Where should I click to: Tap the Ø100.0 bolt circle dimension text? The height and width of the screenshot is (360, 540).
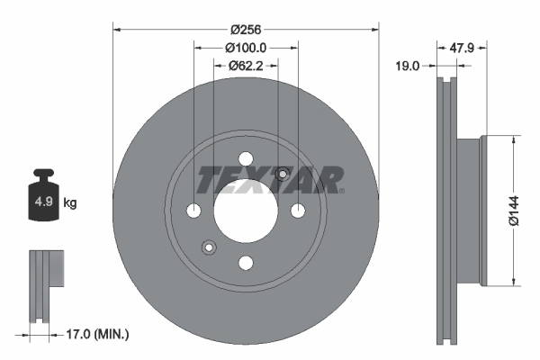(246, 47)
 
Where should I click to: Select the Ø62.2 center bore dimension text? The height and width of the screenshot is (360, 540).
(246, 65)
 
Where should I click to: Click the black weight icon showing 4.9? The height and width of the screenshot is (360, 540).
(42, 200)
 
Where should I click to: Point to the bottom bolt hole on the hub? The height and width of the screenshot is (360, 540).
(246, 262)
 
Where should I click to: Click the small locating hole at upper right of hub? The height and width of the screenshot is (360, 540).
(282, 174)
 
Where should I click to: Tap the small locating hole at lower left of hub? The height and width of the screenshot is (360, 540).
(210, 247)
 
